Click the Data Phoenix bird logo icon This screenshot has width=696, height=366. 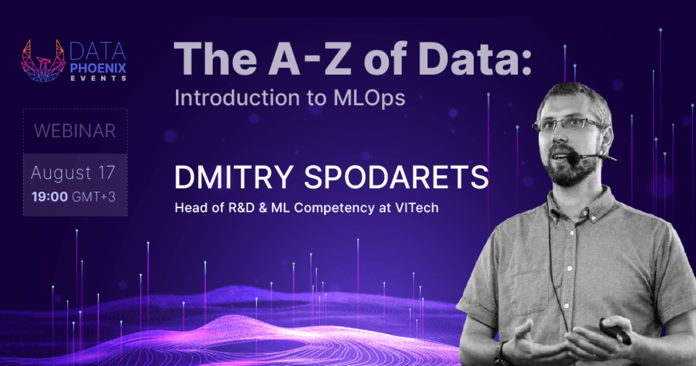(42, 60)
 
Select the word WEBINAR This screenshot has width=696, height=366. (75, 131)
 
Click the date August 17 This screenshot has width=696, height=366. (73, 173)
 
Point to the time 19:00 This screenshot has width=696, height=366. (49, 196)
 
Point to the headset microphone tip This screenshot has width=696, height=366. (573, 157)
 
